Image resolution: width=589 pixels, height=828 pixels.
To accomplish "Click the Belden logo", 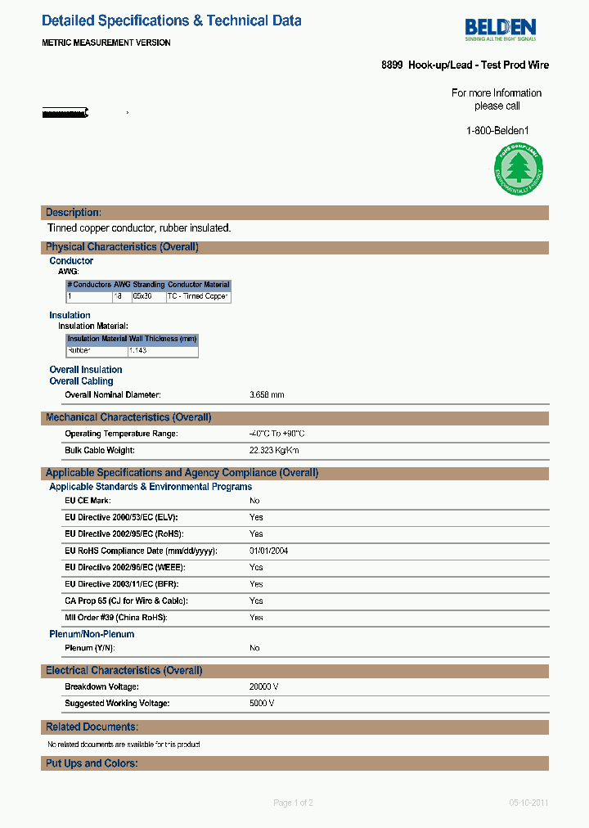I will point(501,28).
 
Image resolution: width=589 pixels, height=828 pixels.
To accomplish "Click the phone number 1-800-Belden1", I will point(497,131).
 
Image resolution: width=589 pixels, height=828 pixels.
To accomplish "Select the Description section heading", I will point(74,213).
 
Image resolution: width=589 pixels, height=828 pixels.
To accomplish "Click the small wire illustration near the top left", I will point(65,112).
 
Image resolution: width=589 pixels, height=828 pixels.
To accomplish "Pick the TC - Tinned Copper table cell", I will point(198,297).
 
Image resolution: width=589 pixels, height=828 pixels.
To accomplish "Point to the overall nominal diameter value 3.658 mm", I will point(267,395).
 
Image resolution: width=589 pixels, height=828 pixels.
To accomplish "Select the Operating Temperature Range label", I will point(121,434).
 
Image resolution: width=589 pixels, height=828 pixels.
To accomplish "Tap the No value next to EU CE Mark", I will point(254,501).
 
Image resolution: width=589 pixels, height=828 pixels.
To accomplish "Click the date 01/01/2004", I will point(268,551).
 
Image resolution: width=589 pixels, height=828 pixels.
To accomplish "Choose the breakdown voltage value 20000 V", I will point(264,687).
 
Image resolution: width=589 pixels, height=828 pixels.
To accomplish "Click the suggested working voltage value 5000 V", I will point(262,704).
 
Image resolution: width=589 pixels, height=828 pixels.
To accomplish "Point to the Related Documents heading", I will point(92,727).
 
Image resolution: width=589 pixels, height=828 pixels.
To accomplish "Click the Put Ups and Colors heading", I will point(92,763).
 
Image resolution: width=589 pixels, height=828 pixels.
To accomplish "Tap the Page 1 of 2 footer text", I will point(293,803).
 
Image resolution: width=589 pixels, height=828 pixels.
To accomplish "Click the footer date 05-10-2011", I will point(528,803).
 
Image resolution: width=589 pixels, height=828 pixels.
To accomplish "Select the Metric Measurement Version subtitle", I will point(106,43).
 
